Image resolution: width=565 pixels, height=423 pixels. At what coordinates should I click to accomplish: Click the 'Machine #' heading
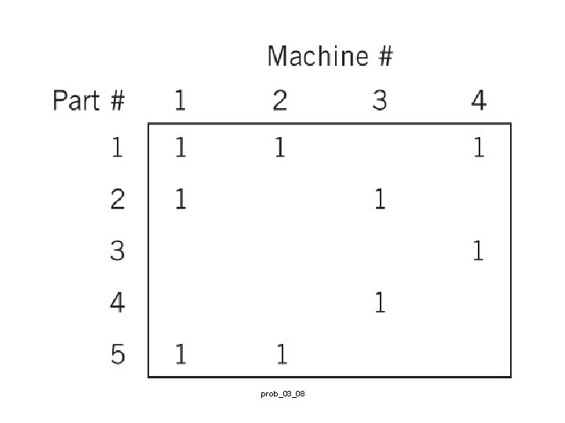point(330,56)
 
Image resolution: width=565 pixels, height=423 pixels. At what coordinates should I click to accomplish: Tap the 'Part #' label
point(89,101)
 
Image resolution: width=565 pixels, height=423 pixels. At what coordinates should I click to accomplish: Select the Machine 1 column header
point(180,101)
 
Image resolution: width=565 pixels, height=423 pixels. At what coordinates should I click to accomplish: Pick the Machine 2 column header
point(280,101)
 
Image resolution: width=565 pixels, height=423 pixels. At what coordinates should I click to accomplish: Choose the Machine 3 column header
point(379,101)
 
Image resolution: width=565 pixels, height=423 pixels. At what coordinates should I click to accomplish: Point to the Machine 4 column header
point(478,101)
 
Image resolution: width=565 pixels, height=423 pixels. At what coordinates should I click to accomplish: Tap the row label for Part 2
point(117,199)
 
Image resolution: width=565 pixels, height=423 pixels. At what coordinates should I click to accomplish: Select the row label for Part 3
point(117,251)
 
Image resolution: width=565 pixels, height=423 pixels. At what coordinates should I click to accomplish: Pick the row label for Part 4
point(117,302)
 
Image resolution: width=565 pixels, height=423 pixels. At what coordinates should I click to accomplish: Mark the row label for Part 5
point(117,354)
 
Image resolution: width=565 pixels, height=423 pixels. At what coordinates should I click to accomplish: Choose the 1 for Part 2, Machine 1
point(180,199)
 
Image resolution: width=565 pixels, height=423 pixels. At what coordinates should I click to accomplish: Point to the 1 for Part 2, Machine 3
point(380,199)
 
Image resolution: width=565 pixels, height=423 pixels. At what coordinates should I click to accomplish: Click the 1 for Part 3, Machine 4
point(478,251)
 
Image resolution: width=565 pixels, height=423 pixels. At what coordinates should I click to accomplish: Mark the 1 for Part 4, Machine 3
point(380,302)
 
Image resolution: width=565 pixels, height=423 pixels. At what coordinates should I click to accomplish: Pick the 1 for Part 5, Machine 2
point(280,354)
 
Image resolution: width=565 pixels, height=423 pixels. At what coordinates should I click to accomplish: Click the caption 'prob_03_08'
point(282,393)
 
